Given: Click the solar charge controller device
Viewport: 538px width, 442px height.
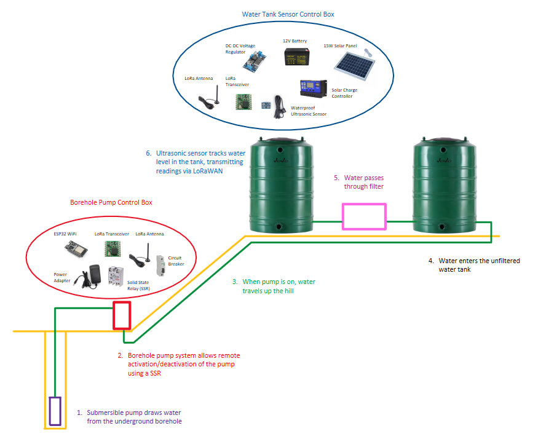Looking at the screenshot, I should pyautogui.click(x=313, y=89).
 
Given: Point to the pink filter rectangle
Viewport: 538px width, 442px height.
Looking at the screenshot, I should pyautogui.click(x=364, y=216).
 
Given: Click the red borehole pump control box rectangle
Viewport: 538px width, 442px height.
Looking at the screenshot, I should pyautogui.click(x=121, y=315).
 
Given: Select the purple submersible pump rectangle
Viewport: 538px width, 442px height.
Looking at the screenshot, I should pyautogui.click(x=55, y=411).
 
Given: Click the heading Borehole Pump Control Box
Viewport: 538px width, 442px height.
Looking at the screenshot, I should pyautogui.click(x=111, y=202).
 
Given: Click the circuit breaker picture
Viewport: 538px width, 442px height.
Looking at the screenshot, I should pyautogui.click(x=162, y=266).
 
